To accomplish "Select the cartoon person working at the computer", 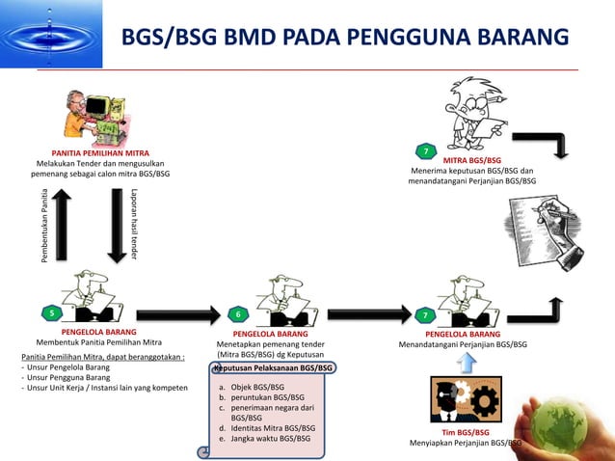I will [99, 116].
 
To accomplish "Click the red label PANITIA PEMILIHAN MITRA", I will [100, 153].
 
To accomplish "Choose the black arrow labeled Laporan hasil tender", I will [114, 225].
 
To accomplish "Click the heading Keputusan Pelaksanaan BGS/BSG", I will [274, 367].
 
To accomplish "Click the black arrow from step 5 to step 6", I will [176, 312].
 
